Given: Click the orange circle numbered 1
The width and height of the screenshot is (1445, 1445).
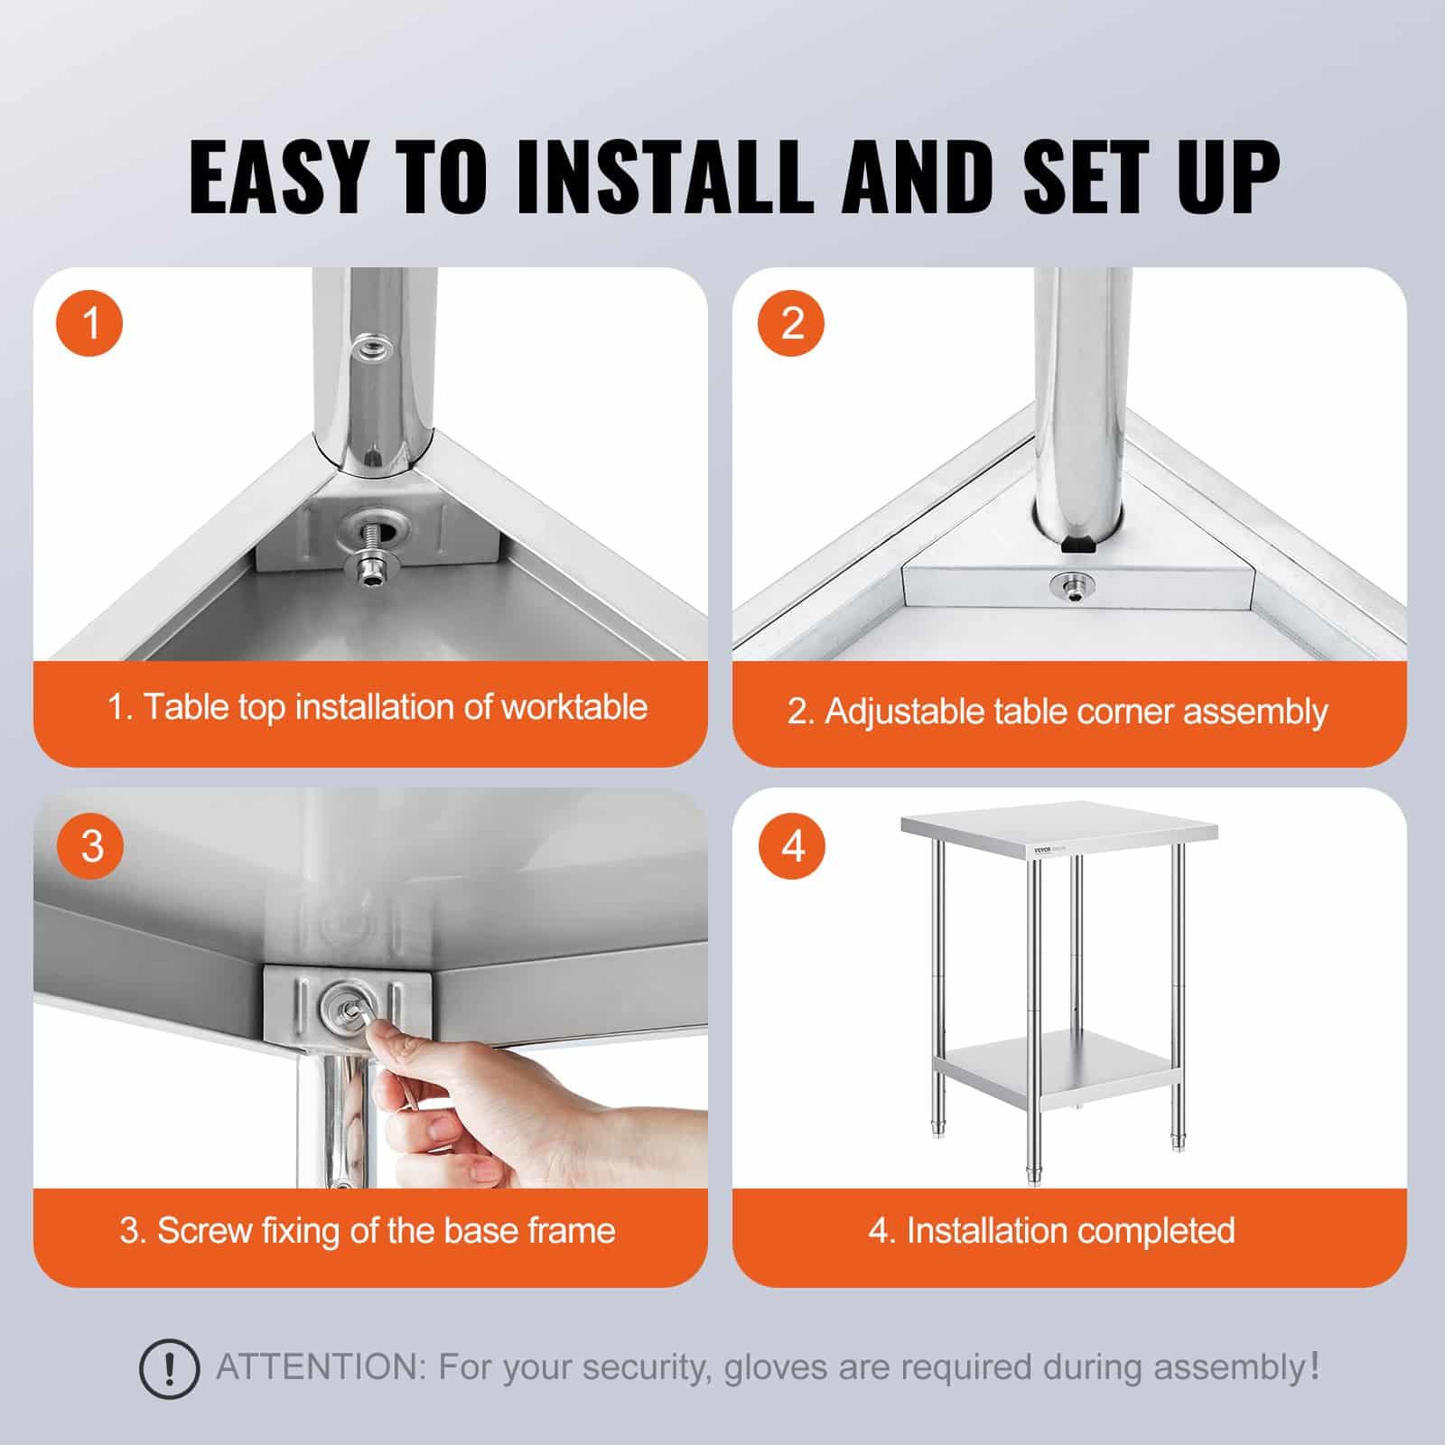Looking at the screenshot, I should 90,322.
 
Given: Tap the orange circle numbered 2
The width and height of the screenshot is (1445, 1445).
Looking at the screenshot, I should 791,322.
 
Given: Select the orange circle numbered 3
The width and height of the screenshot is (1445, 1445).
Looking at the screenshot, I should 90,846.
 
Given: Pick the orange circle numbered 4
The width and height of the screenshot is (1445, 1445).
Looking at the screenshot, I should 791,846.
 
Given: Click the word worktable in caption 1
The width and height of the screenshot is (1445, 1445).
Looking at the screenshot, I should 573,707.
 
